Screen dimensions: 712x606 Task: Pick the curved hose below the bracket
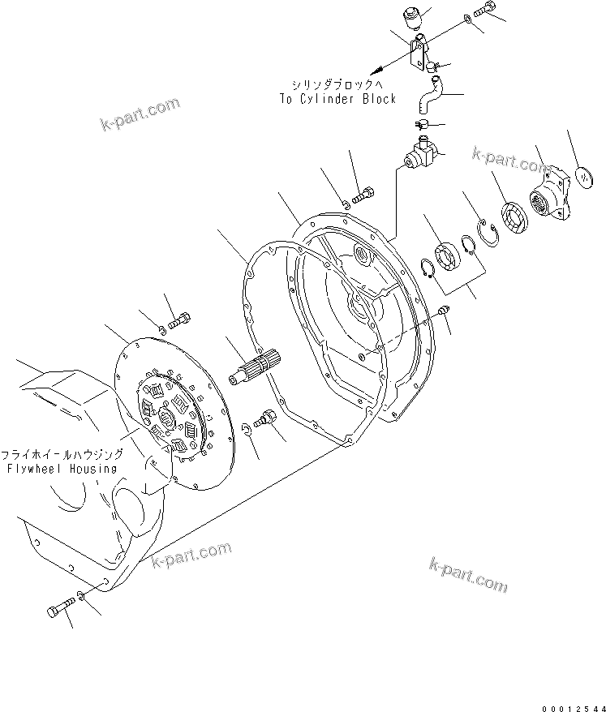(x=427, y=95)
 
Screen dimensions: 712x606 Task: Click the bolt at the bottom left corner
(x=57, y=609)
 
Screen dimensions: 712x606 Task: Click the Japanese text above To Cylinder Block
(x=336, y=84)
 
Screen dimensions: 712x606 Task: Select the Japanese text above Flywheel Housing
(x=62, y=455)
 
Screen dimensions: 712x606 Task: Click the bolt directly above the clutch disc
(x=178, y=316)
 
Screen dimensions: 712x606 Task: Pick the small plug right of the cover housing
(x=444, y=309)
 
